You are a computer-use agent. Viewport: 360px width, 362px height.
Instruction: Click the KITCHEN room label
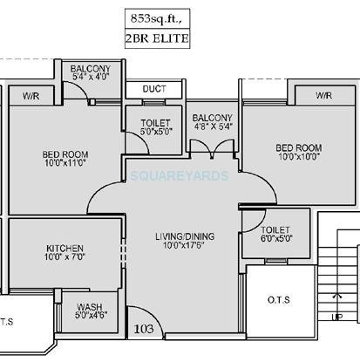[x=65, y=248]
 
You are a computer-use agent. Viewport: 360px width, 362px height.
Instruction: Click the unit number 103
[x=144, y=329]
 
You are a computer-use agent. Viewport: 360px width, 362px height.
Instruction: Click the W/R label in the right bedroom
[x=323, y=94]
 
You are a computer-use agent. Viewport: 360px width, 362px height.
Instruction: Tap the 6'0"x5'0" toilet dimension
[x=275, y=238]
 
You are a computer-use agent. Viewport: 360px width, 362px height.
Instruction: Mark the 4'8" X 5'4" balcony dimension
[x=213, y=126]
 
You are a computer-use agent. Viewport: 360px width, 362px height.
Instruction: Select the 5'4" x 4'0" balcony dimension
[x=91, y=78]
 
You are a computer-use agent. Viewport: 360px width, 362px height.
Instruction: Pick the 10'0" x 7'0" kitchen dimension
[x=65, y=258]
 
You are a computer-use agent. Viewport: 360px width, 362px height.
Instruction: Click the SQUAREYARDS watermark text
[x=180, y=175]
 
